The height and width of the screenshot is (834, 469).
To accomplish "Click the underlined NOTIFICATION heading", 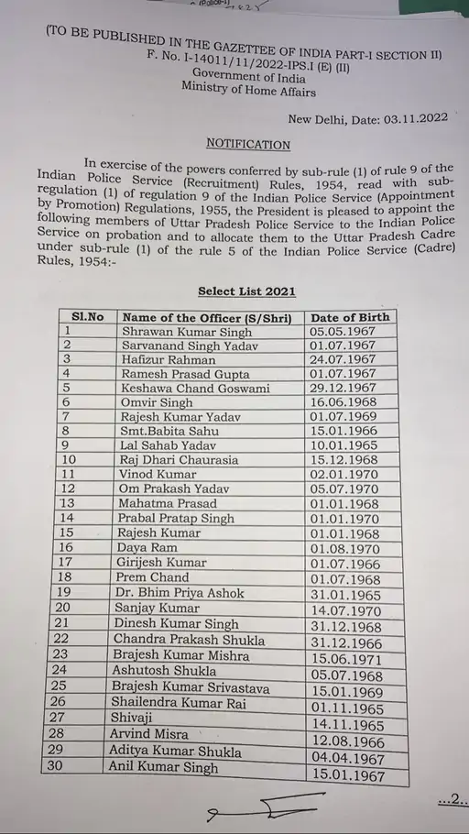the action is (247, 144).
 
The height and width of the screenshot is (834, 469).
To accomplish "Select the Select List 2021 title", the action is (246, 291).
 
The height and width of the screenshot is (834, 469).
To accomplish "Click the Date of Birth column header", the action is (349, 317).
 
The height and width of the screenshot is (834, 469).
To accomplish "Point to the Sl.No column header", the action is (88, 316).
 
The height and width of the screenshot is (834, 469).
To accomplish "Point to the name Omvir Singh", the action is (158, 402).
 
